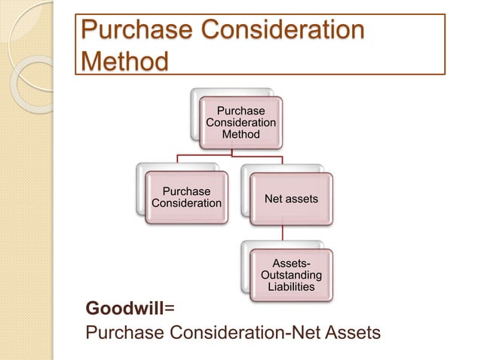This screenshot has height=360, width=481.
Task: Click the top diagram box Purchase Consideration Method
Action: coord(241,122)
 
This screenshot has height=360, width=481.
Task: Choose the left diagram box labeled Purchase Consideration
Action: coord(187,198)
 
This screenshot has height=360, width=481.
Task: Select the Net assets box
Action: coord(291,198)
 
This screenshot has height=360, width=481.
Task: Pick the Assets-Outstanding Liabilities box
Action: coord(290,274)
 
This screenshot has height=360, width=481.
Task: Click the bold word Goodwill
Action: coord(124,309)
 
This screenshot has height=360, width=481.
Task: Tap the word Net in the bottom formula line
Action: coord(298,332)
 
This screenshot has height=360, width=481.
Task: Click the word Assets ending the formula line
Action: coord(350,332)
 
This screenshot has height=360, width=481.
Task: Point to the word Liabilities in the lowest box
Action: coord(291,287)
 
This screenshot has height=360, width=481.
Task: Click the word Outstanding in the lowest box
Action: coord(291,275)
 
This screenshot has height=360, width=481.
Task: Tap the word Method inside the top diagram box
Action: coord(241,134)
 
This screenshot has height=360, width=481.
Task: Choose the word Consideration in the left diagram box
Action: coord(187,203)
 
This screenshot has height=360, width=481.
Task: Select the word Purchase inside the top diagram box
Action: coord(241,111)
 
